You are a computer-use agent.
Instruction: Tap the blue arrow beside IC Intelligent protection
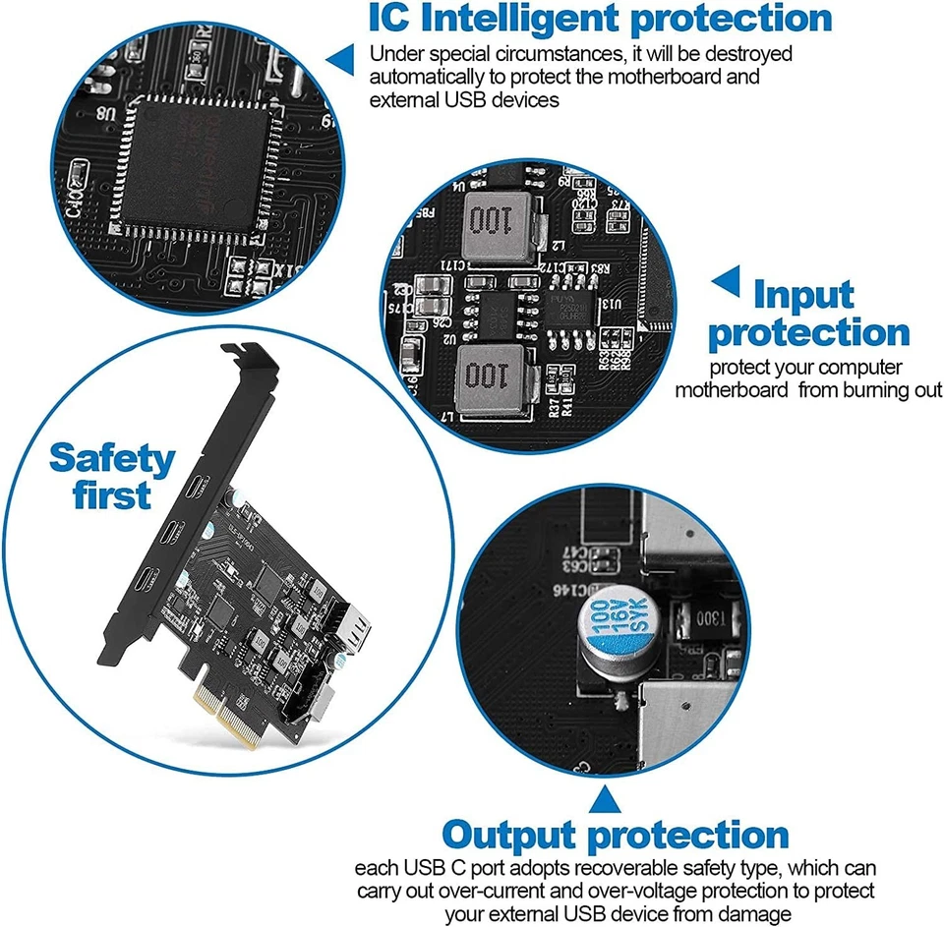340,57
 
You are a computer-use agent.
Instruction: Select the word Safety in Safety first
112,457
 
